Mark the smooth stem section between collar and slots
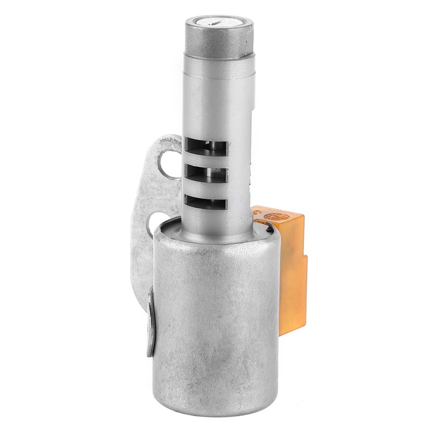[x=218, y=102]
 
